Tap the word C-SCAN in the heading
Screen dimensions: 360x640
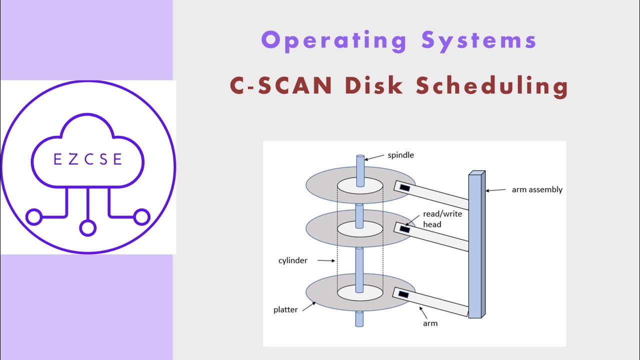pyautogui.click(x=281, y=86)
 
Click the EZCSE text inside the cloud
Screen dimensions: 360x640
pyautogui.click(x=87, y=159)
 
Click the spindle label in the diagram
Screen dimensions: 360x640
pyautogui.click(x=401, y=155)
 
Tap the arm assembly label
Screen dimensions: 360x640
pyautogui.click(x=537, y=189)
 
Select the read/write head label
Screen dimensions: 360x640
pyautogui.click(x=442, y=219)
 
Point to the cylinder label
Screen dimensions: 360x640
pyautogui.click(x=293, y=260)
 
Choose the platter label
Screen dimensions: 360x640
pyautogui.click(x=285, y=309)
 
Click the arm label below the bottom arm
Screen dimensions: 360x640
pyautogui.click(x=430, y=323)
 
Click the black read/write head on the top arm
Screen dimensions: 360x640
pyautogui.click(x=404, y=188)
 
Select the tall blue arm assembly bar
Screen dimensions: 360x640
pyautogui.click(x=476, y=245)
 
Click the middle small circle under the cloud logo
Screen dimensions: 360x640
pyautogui.click(x=87, y=228)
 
